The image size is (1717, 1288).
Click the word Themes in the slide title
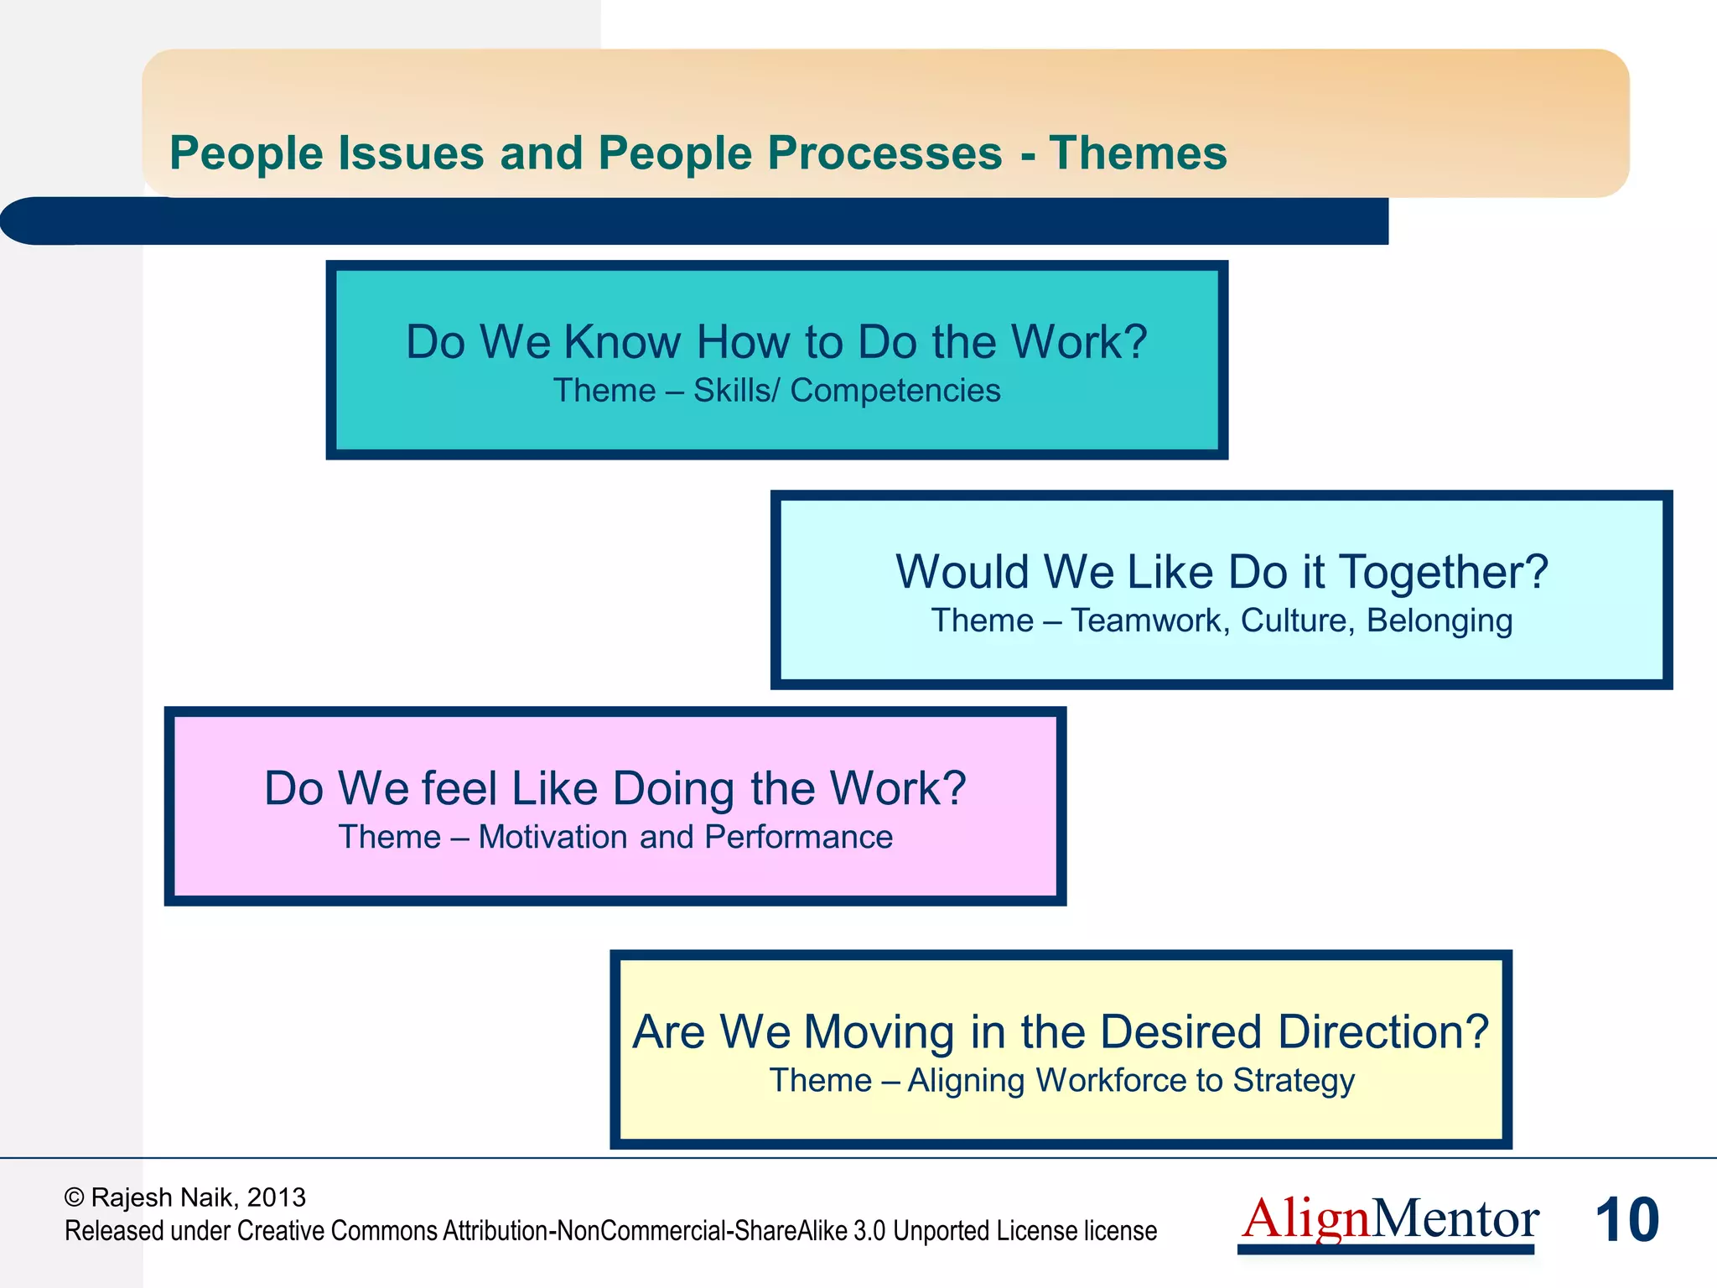(1138, 153)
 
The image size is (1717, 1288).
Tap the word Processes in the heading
(884, 153)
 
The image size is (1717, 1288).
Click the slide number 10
(1626, 1220)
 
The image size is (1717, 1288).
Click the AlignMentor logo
(1389, 1220)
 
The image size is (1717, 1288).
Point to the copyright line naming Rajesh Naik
(185, 1197)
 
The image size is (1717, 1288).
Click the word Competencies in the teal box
(895, 391)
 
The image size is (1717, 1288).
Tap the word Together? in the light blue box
(1443, 572)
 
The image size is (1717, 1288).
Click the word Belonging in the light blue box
(1439, 621)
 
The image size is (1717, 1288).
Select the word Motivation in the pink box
(553, 837)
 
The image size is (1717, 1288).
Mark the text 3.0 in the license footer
(869, 1231)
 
